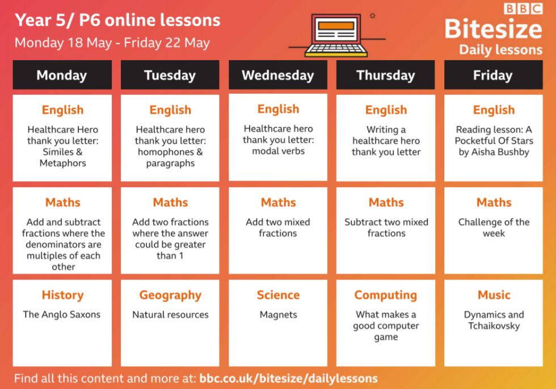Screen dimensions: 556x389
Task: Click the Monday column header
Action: point(62,75)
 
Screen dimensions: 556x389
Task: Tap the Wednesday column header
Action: point(278,75)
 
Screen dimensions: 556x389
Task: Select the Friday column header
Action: point(493,75)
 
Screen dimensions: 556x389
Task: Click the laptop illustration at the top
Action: point(336,35)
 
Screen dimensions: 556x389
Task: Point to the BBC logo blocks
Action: point(523,9)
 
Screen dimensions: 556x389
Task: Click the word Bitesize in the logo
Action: point(493,29)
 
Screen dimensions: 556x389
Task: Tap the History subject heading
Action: point(63,295)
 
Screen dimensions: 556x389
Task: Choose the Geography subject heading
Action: point(170,295)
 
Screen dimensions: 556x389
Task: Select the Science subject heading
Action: point(279,295)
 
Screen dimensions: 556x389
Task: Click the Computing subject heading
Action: point(386,295)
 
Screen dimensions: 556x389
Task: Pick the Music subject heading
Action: point(494,295)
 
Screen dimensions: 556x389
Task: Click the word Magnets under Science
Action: point(279,315)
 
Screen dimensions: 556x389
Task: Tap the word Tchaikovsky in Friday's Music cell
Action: point(494,326)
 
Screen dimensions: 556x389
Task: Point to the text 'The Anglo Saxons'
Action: point(62,315)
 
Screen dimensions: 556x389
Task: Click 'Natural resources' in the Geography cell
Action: point(170,315)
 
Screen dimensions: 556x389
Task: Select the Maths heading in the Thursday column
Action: point(386,202)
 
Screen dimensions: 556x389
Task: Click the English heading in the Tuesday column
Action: point(170,110)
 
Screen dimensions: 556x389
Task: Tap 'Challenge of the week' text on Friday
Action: point(494,228)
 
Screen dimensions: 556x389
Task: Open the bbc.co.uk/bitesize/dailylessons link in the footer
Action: point(289,378)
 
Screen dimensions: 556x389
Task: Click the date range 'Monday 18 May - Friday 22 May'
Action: point(112,43)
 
